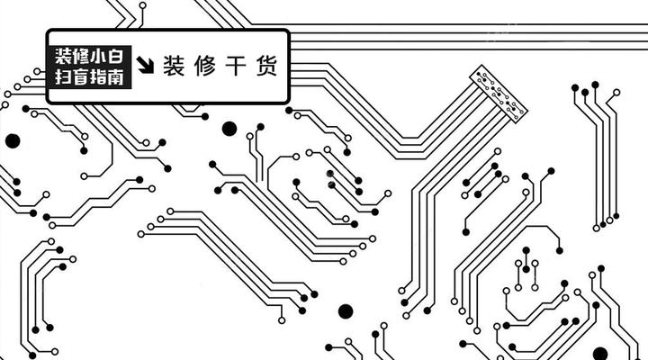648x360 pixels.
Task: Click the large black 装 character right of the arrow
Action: coord(175,67)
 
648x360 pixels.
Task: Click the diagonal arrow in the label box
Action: coord(146,65)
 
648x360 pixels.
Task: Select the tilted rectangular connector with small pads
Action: coord(498,93)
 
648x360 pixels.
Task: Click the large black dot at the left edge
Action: coord(13,140)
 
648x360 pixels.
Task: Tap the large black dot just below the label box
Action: coord(229,128)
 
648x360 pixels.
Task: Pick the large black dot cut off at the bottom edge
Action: coord(600,354)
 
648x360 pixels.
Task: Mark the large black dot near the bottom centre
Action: coord(346,311)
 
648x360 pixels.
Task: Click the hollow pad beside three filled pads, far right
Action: coord(616,92)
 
